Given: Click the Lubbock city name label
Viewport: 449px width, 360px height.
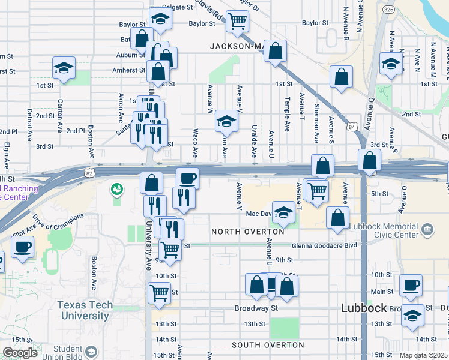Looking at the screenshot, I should tap(364, 308).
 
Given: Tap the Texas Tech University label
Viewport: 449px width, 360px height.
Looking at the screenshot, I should tap(85, 310).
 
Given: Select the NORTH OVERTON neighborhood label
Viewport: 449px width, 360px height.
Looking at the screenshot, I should tap(248, 232).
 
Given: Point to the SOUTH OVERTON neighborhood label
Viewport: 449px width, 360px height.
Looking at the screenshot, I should tap(268, 346).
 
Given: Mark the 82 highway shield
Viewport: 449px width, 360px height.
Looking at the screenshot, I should tap(89, 173).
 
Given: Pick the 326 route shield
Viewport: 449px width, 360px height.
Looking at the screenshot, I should tap(388, 10).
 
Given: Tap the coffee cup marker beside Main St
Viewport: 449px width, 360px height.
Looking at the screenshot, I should tap(411, 286).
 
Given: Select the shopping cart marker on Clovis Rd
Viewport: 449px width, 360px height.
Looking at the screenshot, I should tap(238, 22).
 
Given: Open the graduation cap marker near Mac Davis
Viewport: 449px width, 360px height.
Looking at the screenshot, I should tap(284, 212).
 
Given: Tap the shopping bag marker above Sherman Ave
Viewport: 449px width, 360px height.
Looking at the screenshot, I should tap(341, 77).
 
